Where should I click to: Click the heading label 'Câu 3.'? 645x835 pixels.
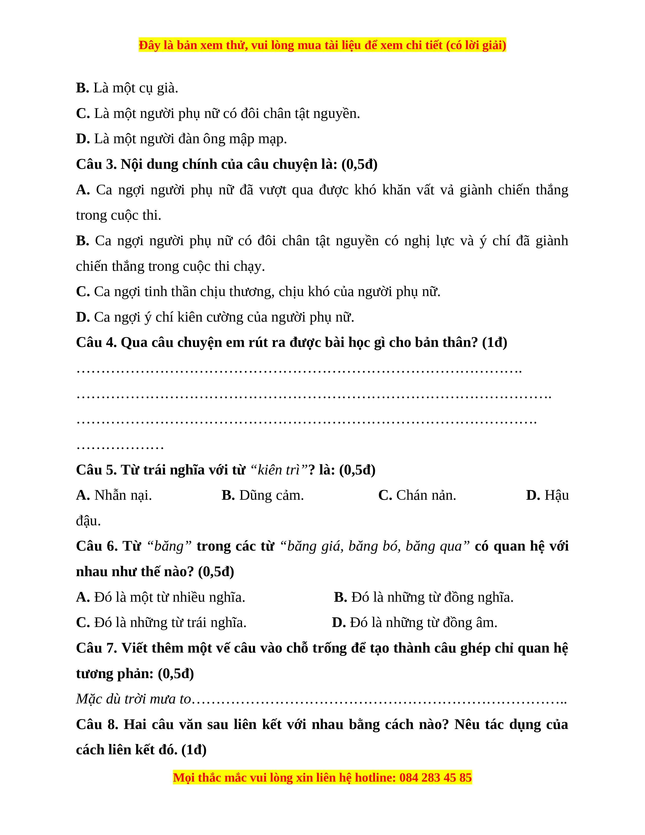[x=96, y=164]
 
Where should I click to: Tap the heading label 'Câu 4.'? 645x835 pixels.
[x=96, y=343]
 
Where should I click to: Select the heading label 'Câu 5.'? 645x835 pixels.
[x=96, y=470]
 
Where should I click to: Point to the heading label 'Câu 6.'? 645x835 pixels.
[x=97, y=546]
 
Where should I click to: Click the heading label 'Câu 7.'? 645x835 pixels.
[x=97, y=648]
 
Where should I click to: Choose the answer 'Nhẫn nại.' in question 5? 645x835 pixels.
[x=123, y=495]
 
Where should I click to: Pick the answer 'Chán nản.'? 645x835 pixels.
[x=426, y=495]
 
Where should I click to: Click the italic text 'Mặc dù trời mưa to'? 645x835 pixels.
[x=133, y=699]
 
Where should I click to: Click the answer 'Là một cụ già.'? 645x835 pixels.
[x=136, y=88]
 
